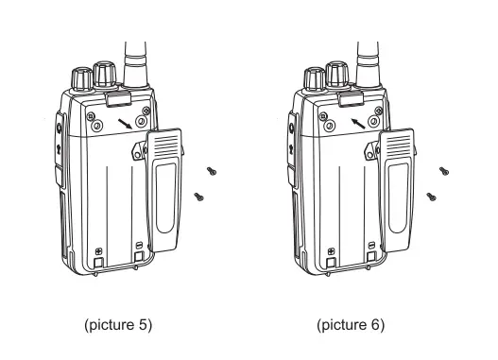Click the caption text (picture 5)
pos(117,326)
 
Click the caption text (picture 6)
pos(351,326)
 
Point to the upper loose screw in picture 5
pos(214,171)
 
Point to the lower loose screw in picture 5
pos(198,197)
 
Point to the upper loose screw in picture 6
pos(445,171)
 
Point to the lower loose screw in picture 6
pos(431,197)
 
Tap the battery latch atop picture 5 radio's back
pos(116,97)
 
